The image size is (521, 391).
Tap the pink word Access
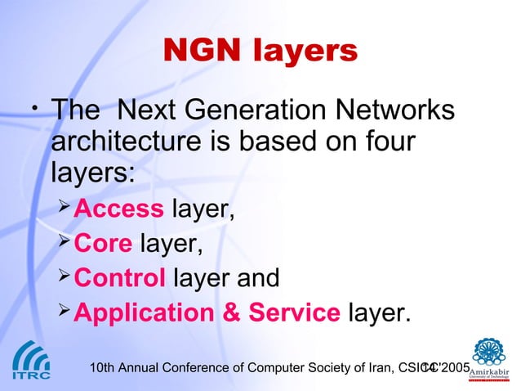click(x=118, y=210)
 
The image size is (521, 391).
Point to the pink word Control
click(x=120, y=278)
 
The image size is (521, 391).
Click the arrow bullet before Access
click(x=65, y=209)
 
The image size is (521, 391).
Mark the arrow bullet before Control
click(x=65, y=277)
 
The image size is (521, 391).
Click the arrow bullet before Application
click(x=65, y=312)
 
